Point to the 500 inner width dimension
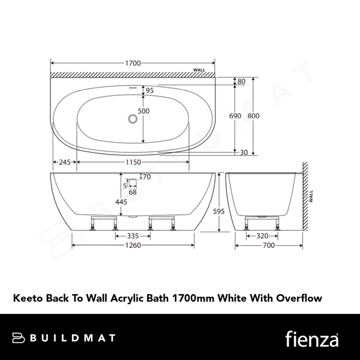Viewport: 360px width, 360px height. point(143,112)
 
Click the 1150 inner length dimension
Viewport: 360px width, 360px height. point(133,163)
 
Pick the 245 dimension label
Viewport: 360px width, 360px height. point(63,163)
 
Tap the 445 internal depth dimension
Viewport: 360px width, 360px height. point(121,202)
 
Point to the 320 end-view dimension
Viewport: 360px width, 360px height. point(262,236)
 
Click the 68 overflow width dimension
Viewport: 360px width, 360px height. point(133,192)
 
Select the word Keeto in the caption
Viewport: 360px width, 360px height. point(24,296)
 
